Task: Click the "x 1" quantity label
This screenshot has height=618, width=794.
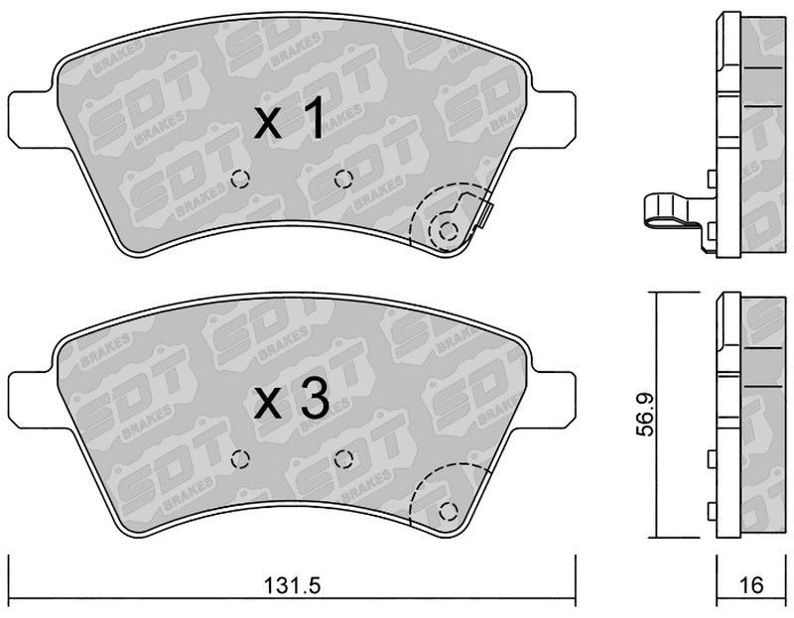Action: (289, 119)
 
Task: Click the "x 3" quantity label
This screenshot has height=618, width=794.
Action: (292, 400)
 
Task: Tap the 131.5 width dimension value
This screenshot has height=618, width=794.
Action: (292, 586)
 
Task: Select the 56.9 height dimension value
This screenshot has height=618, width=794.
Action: (646, 414)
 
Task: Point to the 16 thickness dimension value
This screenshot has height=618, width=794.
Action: (751, 585)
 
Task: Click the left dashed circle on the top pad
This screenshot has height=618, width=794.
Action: (240, 179)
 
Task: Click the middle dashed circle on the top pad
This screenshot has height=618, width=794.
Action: (343, 179)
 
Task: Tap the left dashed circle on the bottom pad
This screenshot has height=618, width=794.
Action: (240, 459)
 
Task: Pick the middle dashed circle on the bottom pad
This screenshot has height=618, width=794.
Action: (343, 459)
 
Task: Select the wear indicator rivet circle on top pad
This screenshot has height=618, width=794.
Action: (448, 231)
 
